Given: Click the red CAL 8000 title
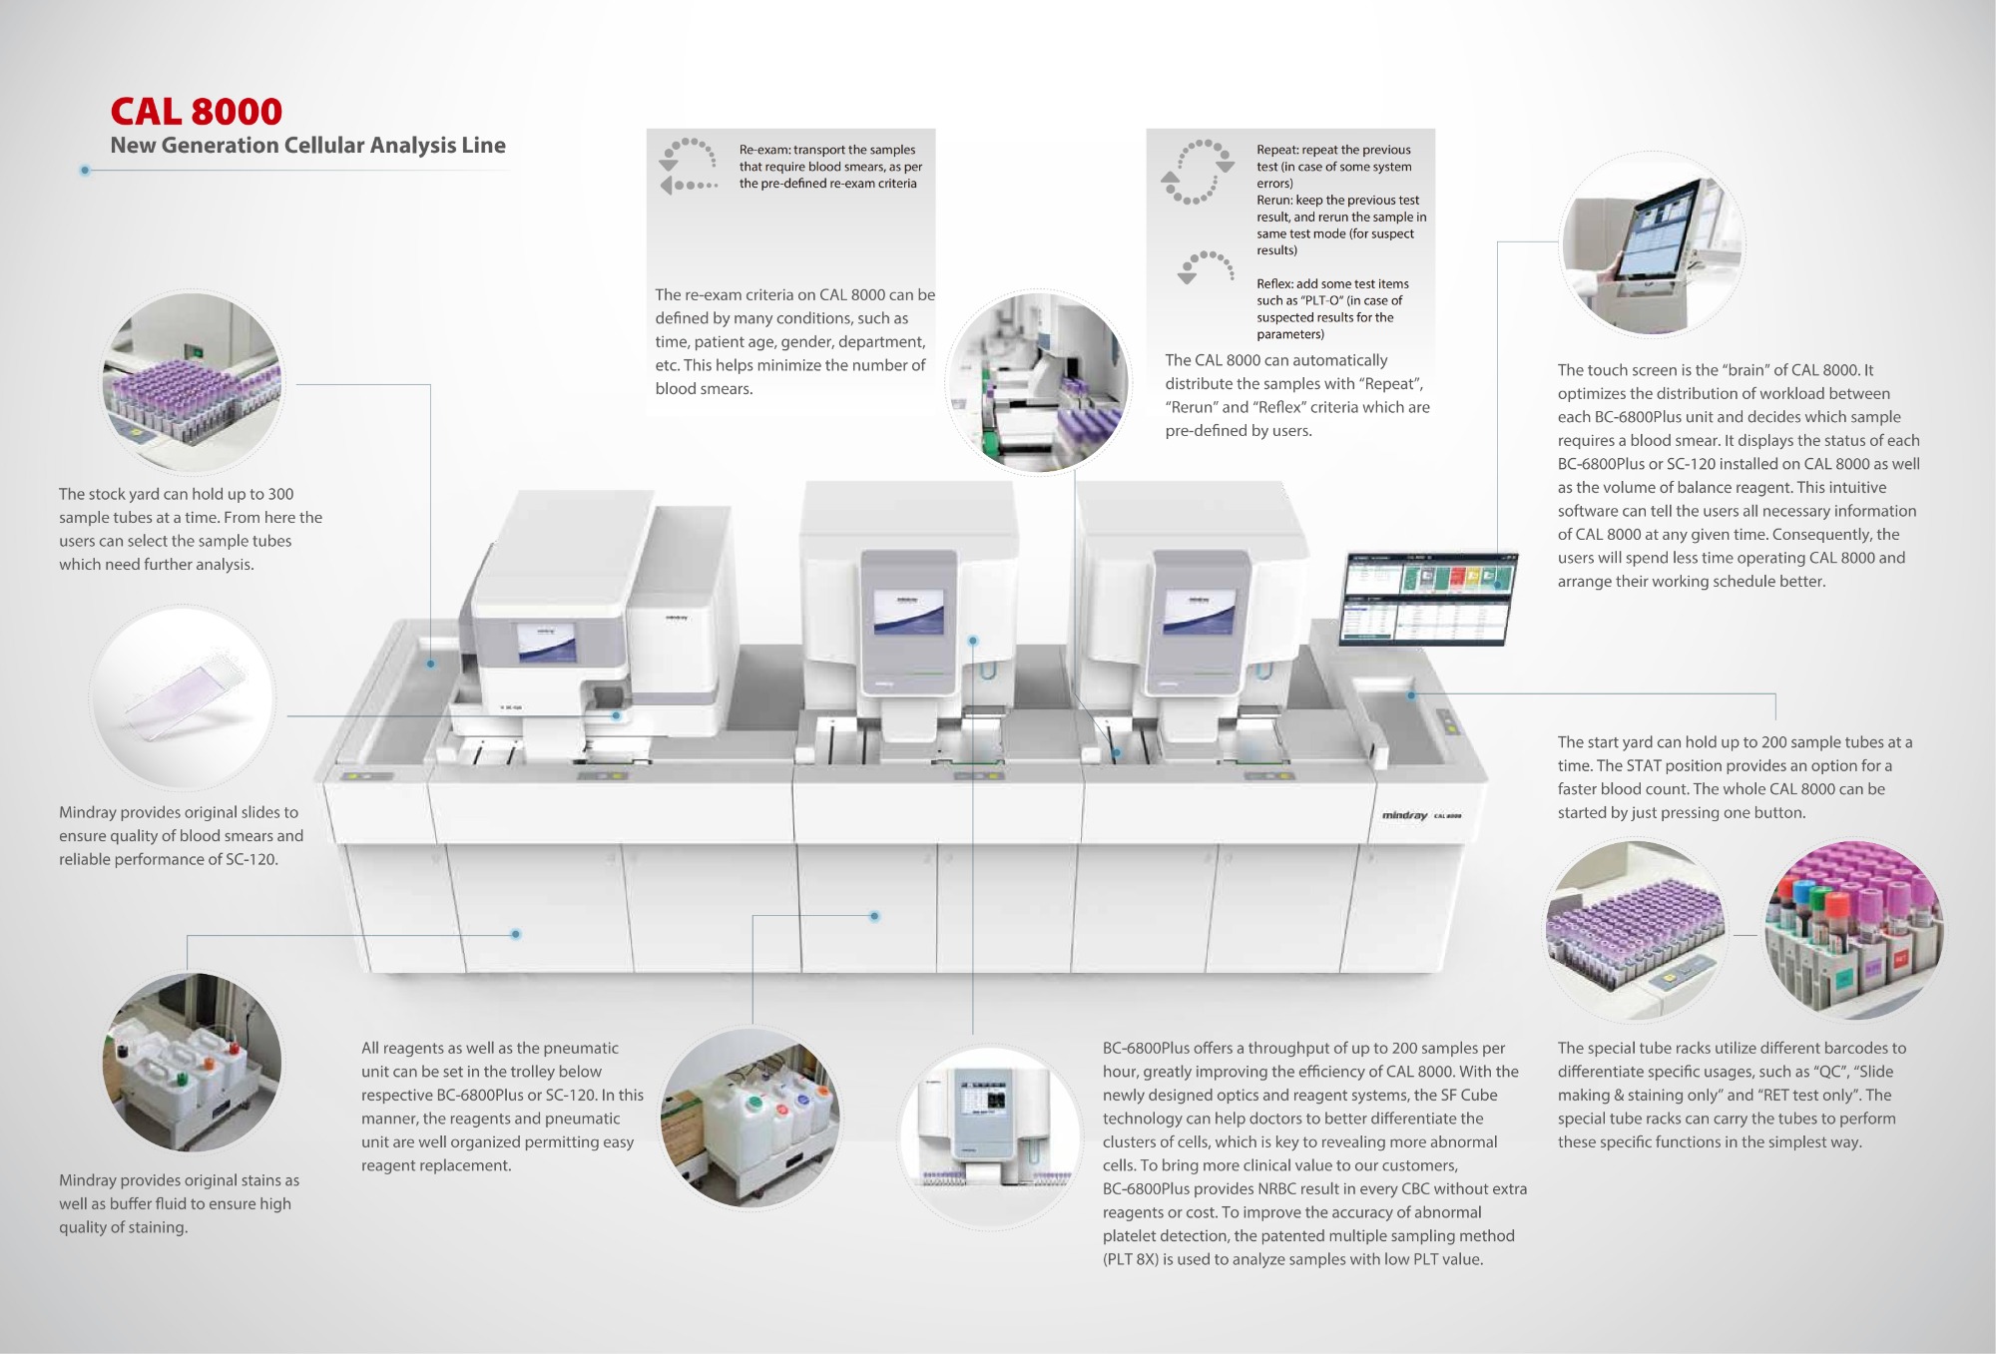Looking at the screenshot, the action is (x=197, y=111).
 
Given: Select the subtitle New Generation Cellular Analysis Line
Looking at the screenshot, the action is (x=307, y=146).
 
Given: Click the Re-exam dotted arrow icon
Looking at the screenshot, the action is (x=688, y=166).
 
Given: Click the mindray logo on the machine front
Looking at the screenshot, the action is (x=1404, y=815).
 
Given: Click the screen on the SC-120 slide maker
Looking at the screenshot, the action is (x=546, y=642).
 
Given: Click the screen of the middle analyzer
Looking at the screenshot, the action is (x=908, y=612).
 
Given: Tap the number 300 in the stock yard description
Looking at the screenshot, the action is (x=280, y=494).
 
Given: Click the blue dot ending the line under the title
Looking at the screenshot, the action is (x=85, y=171).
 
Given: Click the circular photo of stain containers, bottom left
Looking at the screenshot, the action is (x=192, y=1062).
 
